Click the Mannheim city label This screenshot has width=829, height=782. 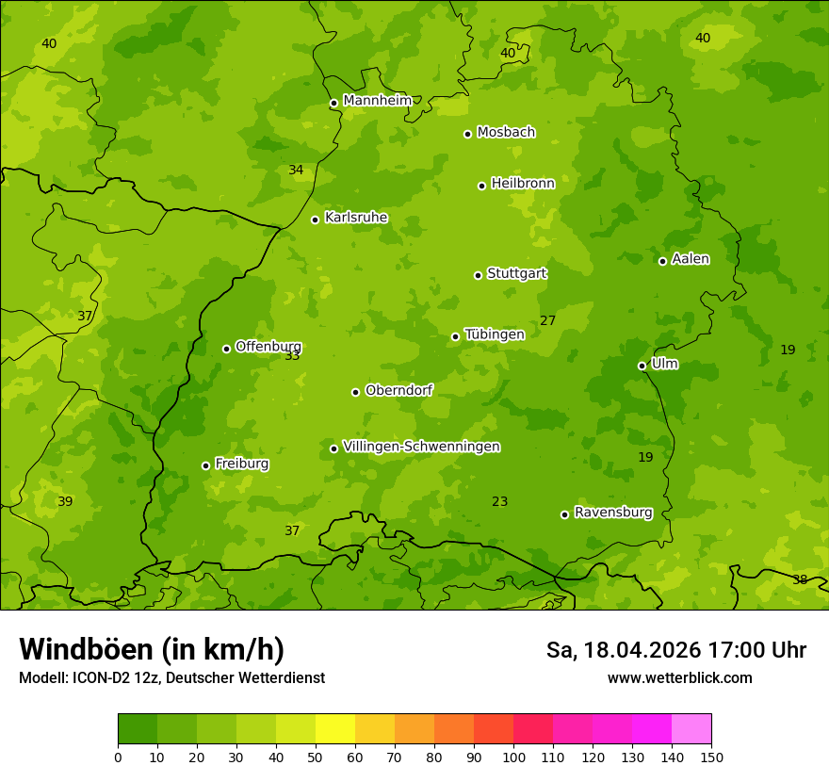pyautogui.click(x=377, y=101)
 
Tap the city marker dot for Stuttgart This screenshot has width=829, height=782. pyautogui.click(x=478, y=275)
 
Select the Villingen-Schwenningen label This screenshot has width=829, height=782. pyautogui.click(x=421, y=447)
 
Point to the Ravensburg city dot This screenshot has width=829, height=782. pyautogui.click(x=564, y=514)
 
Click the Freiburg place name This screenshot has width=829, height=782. pyautogui.click(x=241, y=464)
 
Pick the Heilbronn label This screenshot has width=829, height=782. pyautogui.click(x=523, y=184)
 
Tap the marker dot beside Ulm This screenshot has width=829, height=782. pyautogui.click(x=642, y=366)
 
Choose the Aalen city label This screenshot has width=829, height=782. pyautogui.click(x=691, y=259)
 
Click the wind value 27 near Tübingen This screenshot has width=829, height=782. pyautogui.click(x=547, y=321)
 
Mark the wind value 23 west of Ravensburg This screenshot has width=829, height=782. pyautogui.click(x=499, y=502)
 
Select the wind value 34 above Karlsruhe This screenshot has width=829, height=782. pyautogui.click(x=296, y=171)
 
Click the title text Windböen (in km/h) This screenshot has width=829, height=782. pyautogui.click(x=152, y=649)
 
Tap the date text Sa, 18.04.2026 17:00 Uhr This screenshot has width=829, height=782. pyautogui.click(x=675, y=650)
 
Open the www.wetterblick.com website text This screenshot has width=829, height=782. pyautogui.click(x=679, y=677)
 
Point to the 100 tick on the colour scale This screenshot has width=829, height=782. pyautogui.click(x=513, y=757)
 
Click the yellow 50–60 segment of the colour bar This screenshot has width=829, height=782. pyautogui.click(x=335, y=729)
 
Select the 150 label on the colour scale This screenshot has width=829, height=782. pyautogui.click(x=711, y=757)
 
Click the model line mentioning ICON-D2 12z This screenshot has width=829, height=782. pyautogui.click(x=171, y=677)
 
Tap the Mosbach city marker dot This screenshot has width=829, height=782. pyautogui.click(x=467, y=134)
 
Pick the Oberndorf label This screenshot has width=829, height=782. pyautogui.click(x=398, y=390)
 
